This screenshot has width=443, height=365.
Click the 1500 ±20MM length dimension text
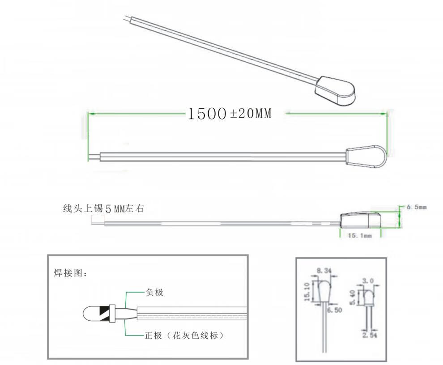click(x=230, y=114)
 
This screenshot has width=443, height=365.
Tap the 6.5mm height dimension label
click(x=417, y=207)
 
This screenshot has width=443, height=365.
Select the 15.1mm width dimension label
click(x=360, y=235)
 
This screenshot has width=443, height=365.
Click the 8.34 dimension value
click(x=324, y=271)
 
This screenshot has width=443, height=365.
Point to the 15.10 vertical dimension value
click(x=307, y=292)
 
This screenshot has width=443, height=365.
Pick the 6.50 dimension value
click(x=335, y=310)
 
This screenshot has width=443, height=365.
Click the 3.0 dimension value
click(x=368, y=281)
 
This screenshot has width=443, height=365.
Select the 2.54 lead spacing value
click(x=370, y=335)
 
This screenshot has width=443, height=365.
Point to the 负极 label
click(x=154, y=292)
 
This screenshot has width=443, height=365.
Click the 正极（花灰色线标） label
click(x=184, y=335)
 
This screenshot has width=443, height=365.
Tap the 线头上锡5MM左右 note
click(x=103, y=208)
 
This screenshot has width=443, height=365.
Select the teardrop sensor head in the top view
click(x=366, y=156)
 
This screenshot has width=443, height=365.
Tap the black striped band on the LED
click(x=104, y=314)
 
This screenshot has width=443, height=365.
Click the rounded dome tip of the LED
click(x=88, y=314)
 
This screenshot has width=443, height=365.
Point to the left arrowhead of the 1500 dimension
click(x=91, y=114)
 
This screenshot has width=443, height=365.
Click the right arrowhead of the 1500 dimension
click(x=384, y=114)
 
